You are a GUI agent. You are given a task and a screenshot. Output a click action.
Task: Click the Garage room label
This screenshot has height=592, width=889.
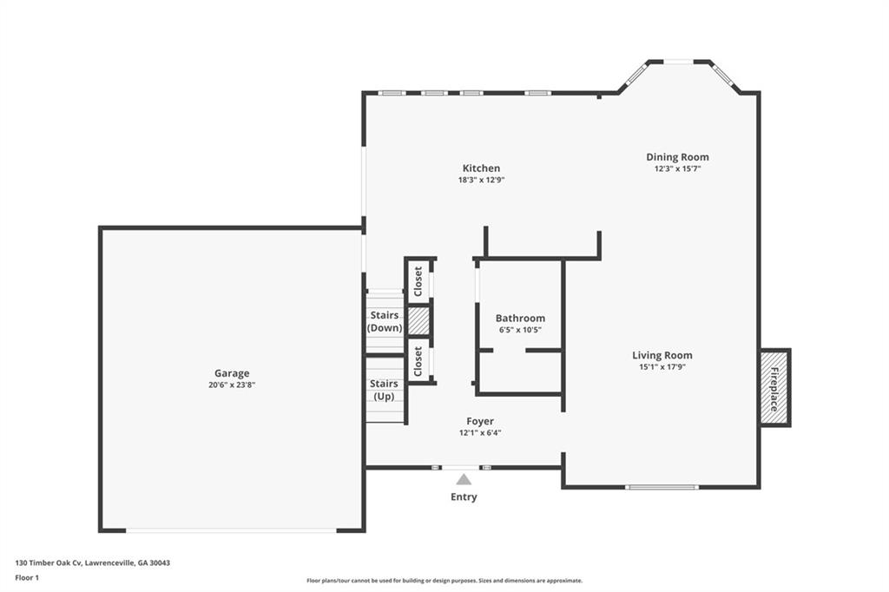coord(232,373)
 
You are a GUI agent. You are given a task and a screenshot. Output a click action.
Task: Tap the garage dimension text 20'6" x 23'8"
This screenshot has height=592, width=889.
coord(232,385)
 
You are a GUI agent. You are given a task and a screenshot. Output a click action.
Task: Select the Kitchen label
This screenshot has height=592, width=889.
coord(481,168)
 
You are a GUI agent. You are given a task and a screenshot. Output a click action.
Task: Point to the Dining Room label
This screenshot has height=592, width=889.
coord(677,157)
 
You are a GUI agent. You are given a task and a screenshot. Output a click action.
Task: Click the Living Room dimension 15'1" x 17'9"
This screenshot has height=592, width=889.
coord(662,367)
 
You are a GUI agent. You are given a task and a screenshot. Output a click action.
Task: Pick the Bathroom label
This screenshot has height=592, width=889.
coord(520,319)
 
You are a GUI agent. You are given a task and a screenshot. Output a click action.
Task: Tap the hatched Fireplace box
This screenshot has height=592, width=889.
coord(774,388)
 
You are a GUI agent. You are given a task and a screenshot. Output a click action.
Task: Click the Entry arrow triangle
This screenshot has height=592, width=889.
coord(464,479)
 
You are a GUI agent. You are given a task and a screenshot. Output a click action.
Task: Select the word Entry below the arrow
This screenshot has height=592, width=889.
coord(464,497)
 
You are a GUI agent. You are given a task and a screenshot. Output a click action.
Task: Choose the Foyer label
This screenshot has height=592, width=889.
coord(480,421)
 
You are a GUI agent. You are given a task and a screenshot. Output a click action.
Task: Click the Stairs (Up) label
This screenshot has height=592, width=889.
coord(384,390)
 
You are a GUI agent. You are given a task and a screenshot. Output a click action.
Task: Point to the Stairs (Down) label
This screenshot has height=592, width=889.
coord(384,321)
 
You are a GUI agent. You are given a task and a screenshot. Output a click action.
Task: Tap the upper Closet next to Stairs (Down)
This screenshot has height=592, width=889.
coord(418,280)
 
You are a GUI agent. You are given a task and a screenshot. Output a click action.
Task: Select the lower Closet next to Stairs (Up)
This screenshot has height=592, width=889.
coord(418,360)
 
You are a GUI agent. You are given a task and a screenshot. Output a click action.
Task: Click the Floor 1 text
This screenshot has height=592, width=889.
coord(28,577)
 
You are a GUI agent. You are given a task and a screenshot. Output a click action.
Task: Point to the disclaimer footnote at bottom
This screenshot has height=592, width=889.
coord(444,581)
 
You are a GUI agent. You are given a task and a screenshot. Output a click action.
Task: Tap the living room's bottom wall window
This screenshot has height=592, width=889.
coord(662,487)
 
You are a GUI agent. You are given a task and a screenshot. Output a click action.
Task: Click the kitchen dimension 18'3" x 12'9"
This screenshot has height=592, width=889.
coord(481,181)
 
